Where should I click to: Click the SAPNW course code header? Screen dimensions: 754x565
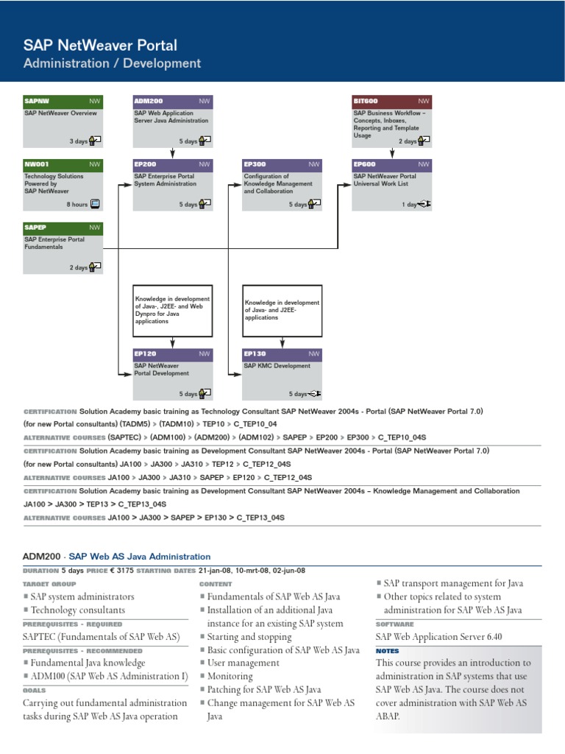click(63, 101)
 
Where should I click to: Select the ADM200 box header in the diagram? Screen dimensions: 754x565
click(172, 101)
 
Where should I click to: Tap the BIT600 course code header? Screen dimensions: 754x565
click(391, 101)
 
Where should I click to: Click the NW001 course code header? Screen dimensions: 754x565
click(63, 164)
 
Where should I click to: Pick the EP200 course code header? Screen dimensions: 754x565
click(172, 164)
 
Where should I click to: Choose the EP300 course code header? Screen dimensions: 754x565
click(282, 164)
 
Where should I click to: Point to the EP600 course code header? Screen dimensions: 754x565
click(391, 164)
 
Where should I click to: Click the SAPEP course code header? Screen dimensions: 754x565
click(63, 228)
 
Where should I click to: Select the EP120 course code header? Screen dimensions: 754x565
click(172, 354)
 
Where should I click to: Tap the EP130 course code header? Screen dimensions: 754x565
click(282, 354)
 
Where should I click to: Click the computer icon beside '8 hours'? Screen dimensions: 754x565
click(95, 204)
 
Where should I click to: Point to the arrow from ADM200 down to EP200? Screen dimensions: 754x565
click(172, 152)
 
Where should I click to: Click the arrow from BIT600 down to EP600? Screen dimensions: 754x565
click(391, 152)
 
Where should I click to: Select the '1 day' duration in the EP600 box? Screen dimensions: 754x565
click(410, 205)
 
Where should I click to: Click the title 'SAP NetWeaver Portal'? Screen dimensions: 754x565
click(100, 46)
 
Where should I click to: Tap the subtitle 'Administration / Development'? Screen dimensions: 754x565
click(112, 63)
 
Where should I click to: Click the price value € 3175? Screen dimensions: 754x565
click(121, 570)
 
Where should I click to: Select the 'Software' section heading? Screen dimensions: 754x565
click(395, 624)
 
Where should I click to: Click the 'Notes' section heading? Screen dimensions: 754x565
click(388, 651)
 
